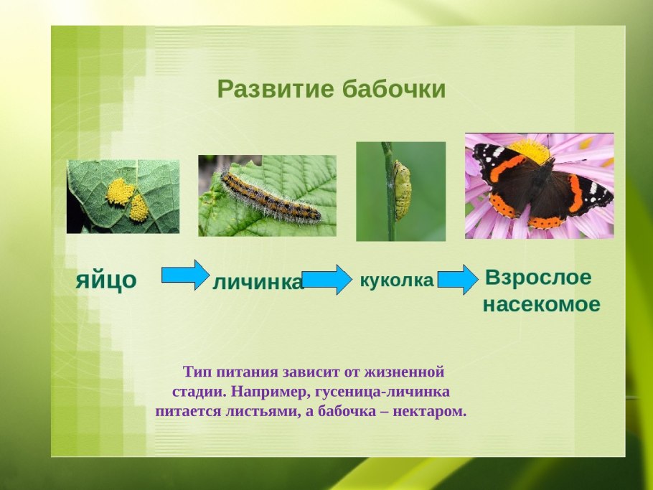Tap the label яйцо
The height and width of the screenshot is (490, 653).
(106, 280)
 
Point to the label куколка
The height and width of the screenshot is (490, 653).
(397, 281)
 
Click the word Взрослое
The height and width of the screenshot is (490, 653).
(538, 278)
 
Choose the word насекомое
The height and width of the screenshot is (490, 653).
(541, 305)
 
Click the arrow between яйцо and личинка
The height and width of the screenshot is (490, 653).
(185, 275)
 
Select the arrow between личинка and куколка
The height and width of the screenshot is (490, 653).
(326, 279)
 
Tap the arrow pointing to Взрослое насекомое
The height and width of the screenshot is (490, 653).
(457, 280)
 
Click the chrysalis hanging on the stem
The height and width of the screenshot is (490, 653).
(403, 189)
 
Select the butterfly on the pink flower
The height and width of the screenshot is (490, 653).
(542, 184)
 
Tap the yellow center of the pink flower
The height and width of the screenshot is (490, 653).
(530, 149)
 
